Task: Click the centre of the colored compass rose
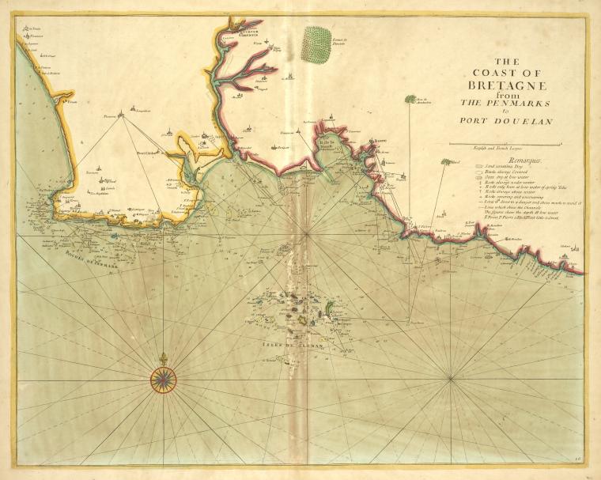(x=162, y=381)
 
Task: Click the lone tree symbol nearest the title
(x=410, y=99)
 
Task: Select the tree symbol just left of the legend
(x=446, y=162)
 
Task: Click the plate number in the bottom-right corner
(x=581, y=458)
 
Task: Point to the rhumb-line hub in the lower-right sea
(x=450, y=378)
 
